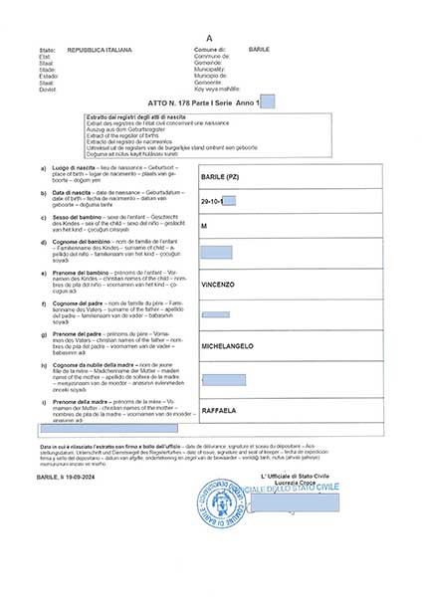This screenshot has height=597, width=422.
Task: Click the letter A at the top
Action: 209,37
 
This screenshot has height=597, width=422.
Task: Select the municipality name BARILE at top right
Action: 259,49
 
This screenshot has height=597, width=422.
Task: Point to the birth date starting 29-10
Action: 210,202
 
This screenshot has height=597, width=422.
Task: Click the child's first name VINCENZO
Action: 219,285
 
